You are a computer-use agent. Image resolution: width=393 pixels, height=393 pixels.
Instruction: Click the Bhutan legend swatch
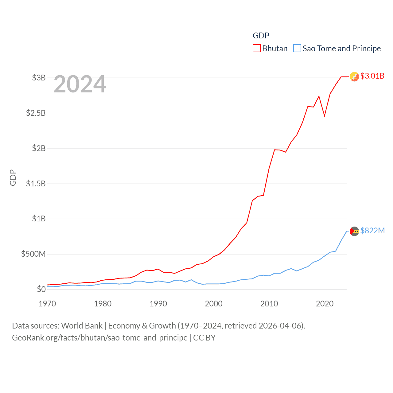[x=257, y=49]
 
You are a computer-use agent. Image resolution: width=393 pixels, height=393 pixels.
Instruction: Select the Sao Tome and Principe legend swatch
[x=297, y=49]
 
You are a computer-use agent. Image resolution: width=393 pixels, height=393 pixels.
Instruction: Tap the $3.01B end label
[x=372, y=76]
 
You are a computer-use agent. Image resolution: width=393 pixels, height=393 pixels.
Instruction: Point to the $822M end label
[x=372, y=231]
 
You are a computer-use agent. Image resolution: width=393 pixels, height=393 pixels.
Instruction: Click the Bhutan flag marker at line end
[x=354, y=77]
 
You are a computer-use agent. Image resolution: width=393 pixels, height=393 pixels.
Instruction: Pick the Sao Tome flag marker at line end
[x=354, y=231]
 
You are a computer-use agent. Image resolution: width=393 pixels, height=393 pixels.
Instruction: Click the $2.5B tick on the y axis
[x=36, y=113]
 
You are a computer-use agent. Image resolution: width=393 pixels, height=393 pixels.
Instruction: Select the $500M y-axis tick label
[x=33, y=254]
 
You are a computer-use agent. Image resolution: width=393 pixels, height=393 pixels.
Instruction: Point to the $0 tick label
[x=41, y=289]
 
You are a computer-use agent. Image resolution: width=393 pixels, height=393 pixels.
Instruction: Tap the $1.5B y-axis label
[x=36, y=184]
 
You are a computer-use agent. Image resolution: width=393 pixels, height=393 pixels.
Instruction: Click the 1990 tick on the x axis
[x=158, y=304]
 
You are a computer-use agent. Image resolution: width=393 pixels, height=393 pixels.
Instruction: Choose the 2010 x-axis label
[x=269, y=304]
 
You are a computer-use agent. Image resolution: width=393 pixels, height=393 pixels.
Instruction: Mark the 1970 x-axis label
[x=47, y=304]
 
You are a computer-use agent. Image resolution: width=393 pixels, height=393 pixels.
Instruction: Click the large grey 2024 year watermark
[x=80, y=84]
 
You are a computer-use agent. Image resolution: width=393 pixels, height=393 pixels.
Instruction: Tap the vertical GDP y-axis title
[x=13, y=177]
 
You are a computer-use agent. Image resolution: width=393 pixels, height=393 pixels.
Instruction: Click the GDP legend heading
[x=261, y=36]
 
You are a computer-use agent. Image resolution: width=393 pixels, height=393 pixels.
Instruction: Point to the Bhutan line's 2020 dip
[x=325, y=116]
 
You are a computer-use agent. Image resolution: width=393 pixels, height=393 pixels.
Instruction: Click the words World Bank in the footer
[x=82, y=326]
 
